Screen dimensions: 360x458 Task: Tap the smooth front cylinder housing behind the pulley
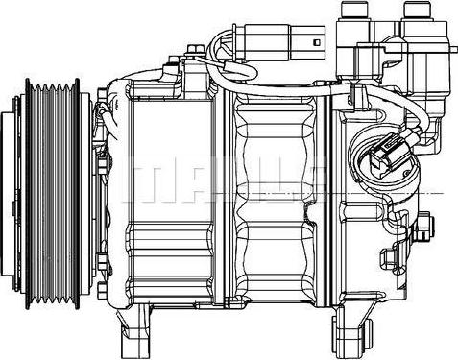(x=178, y=192)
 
